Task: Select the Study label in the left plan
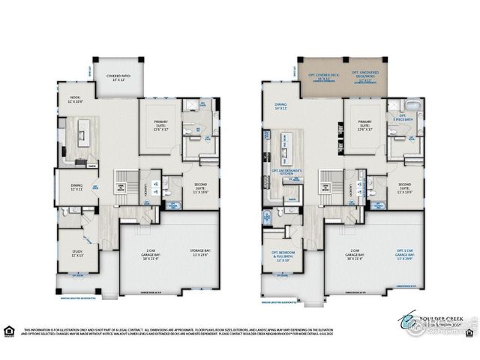pos(78,253)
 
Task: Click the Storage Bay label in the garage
pos(198,253)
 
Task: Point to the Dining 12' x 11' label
pos(78,187)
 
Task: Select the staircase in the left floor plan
pos(120,184)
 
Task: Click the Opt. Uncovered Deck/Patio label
pos(367,76)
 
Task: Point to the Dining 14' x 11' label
pos(281,107)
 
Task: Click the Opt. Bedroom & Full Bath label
pos(283,256)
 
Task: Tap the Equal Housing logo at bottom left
pos(9,329)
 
